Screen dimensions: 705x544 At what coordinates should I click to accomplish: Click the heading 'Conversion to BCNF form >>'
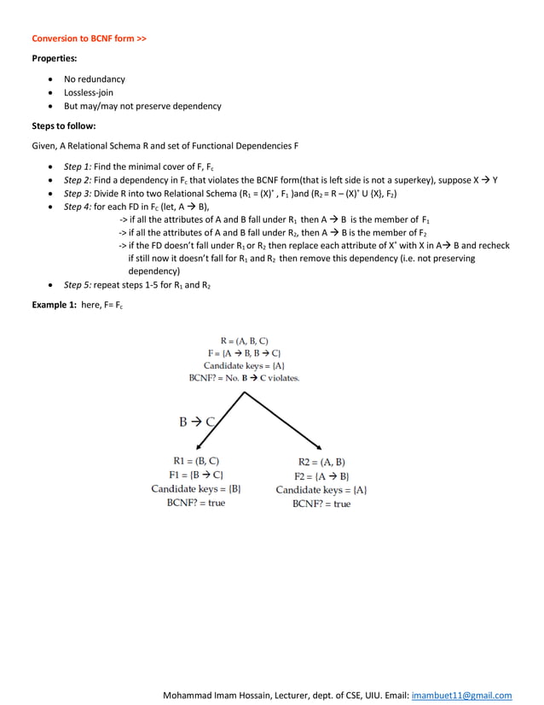coord(89,38)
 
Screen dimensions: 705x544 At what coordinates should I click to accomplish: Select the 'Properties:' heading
coord(55,59)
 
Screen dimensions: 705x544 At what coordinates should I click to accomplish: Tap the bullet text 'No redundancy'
coord(94,79)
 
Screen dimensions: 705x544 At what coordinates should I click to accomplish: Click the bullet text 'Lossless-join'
coord(89,92)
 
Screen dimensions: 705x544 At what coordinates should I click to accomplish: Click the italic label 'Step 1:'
coord(78,166)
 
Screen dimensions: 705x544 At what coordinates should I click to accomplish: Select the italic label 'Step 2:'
coord(78,180)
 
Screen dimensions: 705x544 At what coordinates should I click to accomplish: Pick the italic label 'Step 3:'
coord(78,194)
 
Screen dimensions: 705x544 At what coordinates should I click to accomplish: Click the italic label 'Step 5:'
coord(78,284)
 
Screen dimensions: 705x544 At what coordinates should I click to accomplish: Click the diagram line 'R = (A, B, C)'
coord(244,341)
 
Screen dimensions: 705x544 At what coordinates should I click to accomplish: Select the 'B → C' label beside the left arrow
coord(198,421)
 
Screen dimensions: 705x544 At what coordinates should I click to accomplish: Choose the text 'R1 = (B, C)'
coord(196,461)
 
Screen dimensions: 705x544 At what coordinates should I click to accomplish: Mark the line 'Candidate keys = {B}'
coord(196,489)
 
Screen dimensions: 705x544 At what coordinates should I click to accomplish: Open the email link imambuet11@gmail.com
coord(461,695)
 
